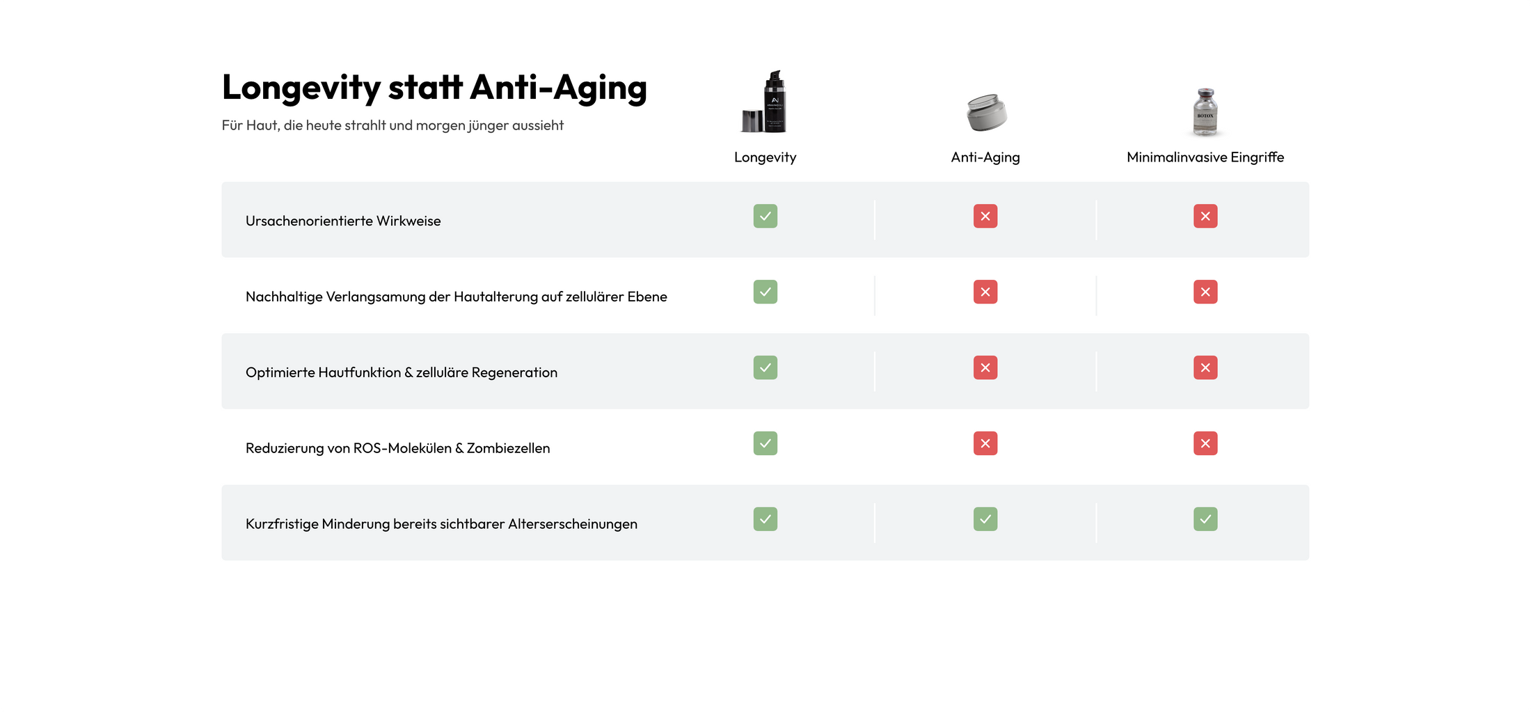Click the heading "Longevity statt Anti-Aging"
(x=434, y=88)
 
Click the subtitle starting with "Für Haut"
(x=392, y=125)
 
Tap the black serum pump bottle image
(x=765, y=102)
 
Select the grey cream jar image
(x=986, y=112)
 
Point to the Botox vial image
(x=1205, y=111)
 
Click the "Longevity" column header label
(x=765, y=157)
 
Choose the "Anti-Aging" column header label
(x=985, y=157)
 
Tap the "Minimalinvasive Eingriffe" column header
(x=1205, y=157)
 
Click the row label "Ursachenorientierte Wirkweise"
(x=343, y=221)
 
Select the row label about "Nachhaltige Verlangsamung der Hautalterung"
(x=456, y=297)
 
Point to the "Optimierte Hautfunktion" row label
(x=402, y=373)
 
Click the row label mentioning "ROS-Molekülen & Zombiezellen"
(x=397, y=449)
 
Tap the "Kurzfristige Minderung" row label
(x=441, y=524)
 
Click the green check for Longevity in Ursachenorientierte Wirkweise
(x=765, y=216)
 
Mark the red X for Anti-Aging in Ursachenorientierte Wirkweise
(x=985, y=216)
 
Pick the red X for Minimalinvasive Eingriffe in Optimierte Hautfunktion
(x=1205, y=367)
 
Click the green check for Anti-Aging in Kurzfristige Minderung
(x=985, y=519)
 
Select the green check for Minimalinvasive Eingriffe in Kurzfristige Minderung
(x=1205, y=519)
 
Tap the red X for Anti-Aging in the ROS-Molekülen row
(x=985, y=443)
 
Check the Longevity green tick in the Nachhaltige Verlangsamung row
(x=765, y=292)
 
